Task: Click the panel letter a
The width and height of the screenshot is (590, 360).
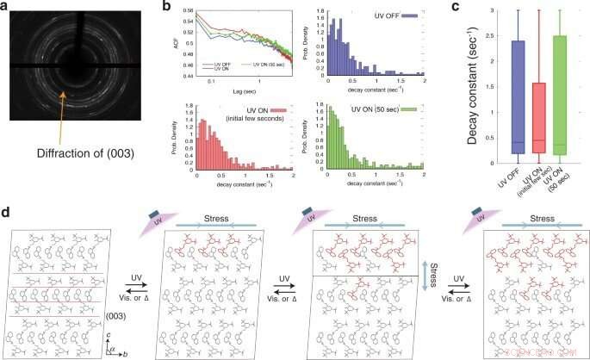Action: point(7,7)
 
